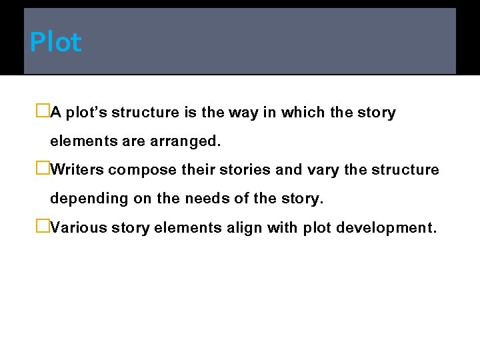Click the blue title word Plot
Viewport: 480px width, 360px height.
point(55,43)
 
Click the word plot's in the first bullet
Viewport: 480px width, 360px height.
point(87,113)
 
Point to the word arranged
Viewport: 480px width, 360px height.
point(187,142)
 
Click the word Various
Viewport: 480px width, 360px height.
point(79,228)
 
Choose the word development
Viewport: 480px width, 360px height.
point(386,228)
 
